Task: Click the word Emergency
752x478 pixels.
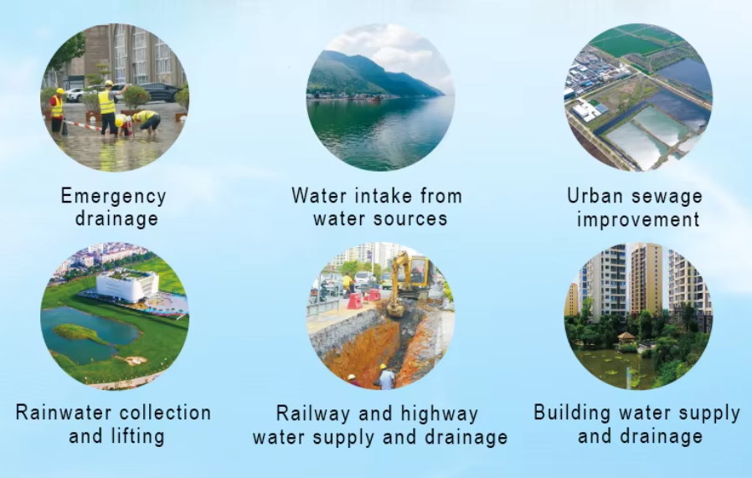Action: [114, 197]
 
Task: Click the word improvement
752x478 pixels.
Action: [638, 220]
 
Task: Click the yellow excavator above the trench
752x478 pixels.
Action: [409, 283]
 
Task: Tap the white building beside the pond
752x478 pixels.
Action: [127, 286]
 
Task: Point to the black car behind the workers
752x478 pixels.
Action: [160, 92]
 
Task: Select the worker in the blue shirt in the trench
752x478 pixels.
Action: [386, 378]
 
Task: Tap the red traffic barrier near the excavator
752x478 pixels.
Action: [355, 301]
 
